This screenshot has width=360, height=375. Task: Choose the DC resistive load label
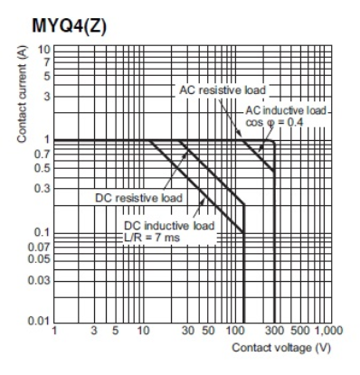(x=138, y=197)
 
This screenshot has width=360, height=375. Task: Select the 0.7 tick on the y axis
(x=41, y=155)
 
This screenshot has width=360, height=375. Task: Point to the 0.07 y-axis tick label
(x=38, y=247)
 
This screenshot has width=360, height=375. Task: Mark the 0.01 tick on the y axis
(x=38, y=321)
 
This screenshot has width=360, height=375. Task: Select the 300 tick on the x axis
(x=273, y=332)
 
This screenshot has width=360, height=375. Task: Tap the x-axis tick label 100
(x=232, y=332)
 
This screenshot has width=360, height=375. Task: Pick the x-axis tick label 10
(x=143, y=332)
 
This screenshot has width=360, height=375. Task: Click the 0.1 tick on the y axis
(x=41, y=232)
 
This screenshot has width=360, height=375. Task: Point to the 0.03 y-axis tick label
(x=38, y=279)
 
